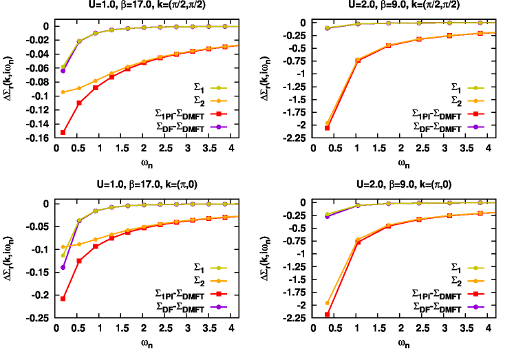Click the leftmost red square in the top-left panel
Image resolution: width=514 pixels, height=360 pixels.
(63, 132)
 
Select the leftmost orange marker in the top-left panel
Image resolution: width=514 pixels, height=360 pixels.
(63, 92)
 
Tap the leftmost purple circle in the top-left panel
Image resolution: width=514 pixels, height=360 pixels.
(63, 71)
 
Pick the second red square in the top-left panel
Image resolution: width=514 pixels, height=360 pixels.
(79, 103)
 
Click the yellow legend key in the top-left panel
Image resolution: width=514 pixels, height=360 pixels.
(218, 88)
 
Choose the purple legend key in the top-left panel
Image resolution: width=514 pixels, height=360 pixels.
(218, 127)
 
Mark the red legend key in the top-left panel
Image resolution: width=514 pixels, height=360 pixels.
(218, 114)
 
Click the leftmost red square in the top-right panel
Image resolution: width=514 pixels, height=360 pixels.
(327, 128)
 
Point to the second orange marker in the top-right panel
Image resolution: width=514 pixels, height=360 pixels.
(357, 60)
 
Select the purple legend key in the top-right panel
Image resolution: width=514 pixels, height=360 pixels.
(475, 127)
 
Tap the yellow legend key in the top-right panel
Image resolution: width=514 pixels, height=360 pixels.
(475, 88)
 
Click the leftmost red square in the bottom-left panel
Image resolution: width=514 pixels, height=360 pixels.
(63, 299)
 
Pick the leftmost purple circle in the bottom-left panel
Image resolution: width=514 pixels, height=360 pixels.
(63, 267)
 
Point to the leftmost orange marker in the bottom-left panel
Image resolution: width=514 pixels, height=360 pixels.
(63, 246)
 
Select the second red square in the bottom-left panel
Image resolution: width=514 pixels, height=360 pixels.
(79, 261)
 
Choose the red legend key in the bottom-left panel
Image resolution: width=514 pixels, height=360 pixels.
(218, 294)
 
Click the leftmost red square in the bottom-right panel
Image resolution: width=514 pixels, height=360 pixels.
(327, 315)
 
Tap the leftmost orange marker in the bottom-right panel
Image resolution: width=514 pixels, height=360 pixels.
(327, 303)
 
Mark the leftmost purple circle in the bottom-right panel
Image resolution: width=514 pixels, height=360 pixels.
(327, 216)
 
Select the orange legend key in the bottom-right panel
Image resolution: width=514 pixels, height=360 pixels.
(475, 281)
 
